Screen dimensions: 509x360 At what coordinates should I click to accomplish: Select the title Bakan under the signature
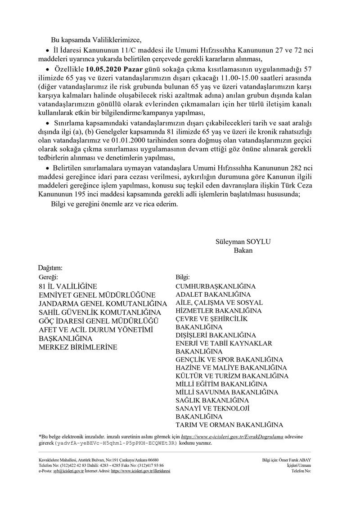pos(243,250)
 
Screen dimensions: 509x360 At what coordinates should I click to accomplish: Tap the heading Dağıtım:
pos(50,268)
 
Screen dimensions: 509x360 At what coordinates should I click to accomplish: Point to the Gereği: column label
pos(49,277)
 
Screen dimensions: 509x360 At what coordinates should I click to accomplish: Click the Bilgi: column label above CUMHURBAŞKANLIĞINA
pos(183,277)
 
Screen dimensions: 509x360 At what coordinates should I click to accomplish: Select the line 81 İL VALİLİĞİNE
pos(68,286)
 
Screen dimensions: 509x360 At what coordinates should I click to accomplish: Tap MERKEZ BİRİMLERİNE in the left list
pos(78,347)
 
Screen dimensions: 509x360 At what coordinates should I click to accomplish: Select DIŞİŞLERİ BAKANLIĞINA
pos(216,335)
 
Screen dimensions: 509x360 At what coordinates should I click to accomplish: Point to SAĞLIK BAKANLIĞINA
pos(212,400)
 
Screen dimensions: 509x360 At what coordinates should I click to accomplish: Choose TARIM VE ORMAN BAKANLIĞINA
pos(229,424)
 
